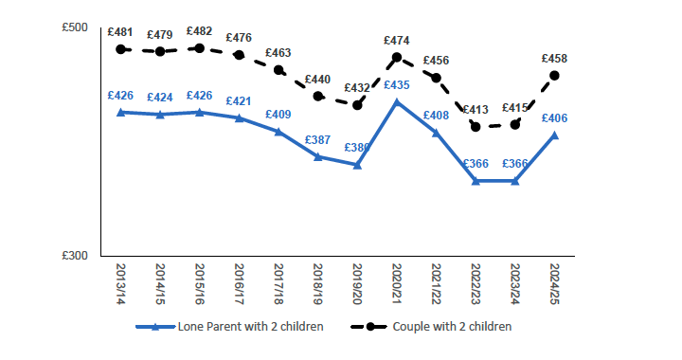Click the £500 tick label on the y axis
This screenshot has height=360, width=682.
(x=75, y=27)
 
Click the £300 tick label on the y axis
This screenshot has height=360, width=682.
(x=75, y=257)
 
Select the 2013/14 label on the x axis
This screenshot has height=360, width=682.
(x=120, y=281)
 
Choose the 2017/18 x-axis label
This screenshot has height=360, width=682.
(x=278, y=281)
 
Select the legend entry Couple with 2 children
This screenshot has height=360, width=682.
(x=451, y=327)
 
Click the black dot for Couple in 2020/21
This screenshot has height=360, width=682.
(x=397, y=57)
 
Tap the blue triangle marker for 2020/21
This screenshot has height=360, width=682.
(x=397, y=101)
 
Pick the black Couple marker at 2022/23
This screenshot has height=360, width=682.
(x=476, y=127)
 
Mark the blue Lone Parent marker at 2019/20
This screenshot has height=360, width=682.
(x=357, y=165)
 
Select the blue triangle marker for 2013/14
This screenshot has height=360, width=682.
(x=120, y=112)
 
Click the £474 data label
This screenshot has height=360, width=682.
(x=397, y=41)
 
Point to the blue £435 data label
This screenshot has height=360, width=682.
(x=397, y=85)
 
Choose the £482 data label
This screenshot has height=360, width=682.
(x=199, y=31)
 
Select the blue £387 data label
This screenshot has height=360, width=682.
(x=317, y=140)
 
